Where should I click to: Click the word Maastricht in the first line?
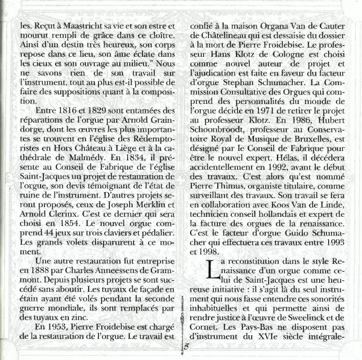click(78, 27)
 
